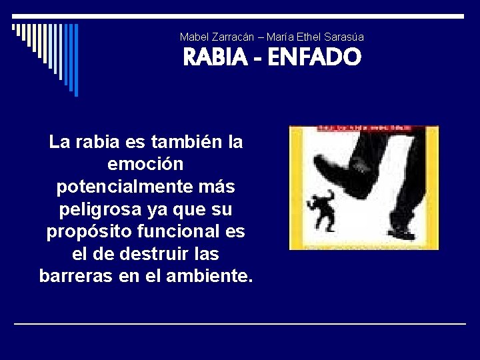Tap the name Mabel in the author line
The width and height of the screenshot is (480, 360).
tap(194, 37)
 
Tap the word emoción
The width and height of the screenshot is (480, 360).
tap(145, 164)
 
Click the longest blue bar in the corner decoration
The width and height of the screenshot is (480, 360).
tap(75, 60)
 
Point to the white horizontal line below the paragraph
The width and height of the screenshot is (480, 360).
tap(240, 323)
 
